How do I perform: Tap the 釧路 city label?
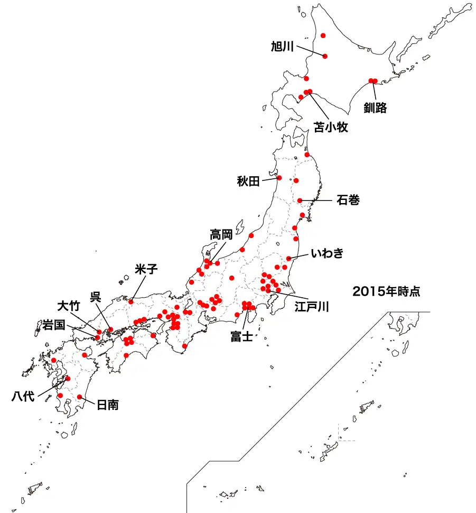[375, 108]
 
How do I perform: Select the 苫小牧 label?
[331, 127]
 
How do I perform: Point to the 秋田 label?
[248, 182]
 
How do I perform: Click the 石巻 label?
[348, 201]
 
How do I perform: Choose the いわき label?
[327, 254]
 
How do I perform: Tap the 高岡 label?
[221, 234]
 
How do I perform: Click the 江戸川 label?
[312, 306]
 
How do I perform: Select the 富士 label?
[241, 336]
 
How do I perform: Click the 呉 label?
[96, 297]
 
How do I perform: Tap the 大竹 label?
[68, 306]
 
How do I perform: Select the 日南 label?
[107, 405]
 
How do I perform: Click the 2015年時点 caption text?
[386, 291]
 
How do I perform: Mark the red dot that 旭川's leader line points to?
[325, 56]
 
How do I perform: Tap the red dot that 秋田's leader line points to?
[279, 178]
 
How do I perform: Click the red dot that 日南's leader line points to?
[80, 397]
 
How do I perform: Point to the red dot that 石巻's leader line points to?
[300, 200]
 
